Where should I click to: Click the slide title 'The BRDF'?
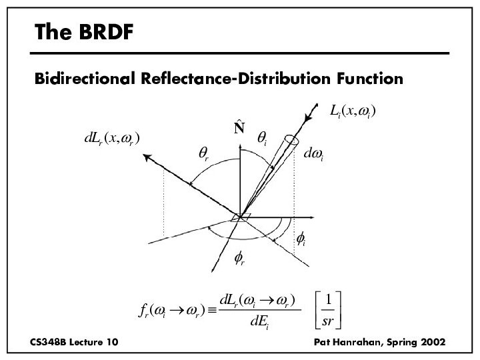84,31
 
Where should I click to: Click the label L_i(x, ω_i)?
353,112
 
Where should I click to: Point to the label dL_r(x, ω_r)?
111,139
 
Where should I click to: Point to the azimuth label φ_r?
239,259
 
